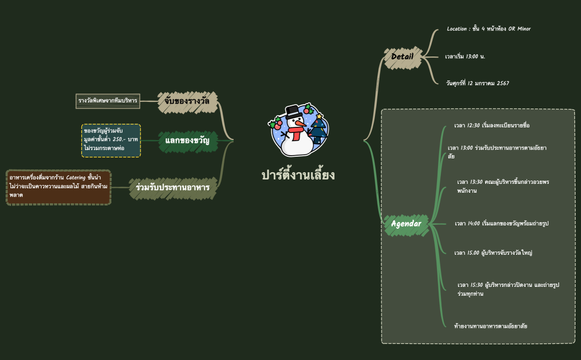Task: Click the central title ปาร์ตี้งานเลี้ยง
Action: (x=298, y=175)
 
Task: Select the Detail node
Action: (x=402, y=56)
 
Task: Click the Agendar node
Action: (x=406, y=224)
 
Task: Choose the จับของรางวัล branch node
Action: (x=187, y=101)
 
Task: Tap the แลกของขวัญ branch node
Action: (x=187, y=141)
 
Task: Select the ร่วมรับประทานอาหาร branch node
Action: (x=172, y=188)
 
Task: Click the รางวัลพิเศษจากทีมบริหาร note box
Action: (x=107, y=101)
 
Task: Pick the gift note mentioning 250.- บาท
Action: (x=111, y=140)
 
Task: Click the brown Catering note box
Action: (x=59, y=187)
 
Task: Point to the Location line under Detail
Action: (x=489, y=29)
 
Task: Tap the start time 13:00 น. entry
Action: (x=465, y=56)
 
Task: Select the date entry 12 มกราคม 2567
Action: (x=477, y=83)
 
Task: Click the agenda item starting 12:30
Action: (x=492, y=125)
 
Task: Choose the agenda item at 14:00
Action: (x=501, y=223)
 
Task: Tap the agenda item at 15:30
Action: (x=508, y=289)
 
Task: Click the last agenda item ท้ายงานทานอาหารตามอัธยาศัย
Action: (x=490, y=326)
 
